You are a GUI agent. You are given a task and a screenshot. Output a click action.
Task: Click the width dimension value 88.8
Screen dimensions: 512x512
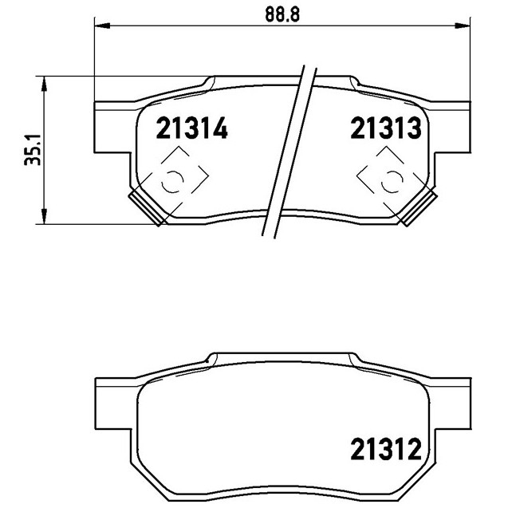click(282, 14)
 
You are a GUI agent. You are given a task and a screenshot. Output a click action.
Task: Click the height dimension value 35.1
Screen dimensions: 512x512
click(33, 149)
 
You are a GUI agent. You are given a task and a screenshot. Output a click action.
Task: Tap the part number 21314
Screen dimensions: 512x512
click(191, 128)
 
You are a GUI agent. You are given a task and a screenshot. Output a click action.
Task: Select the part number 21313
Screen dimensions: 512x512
click(386, 128)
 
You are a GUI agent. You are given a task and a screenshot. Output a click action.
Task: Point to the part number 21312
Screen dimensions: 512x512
click(386, 450)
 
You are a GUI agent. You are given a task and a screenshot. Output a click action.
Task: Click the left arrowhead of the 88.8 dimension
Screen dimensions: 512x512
click(101, 26)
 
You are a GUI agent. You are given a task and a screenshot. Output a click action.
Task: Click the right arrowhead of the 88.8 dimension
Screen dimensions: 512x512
click(463, 26)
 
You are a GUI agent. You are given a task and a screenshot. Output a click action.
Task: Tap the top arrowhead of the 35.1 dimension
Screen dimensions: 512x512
click(44, 84)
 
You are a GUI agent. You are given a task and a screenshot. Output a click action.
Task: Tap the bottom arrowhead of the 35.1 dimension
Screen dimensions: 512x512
click(44, 216)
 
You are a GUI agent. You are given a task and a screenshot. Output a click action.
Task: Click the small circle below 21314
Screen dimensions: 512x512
click(172, 181)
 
